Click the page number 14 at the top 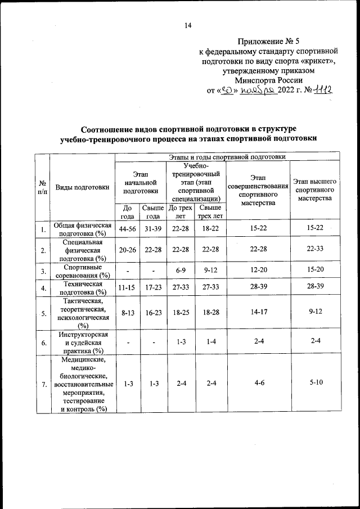(188, 25)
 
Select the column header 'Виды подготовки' (82, 188)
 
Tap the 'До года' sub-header (127, 211)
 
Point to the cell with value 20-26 (127, 250)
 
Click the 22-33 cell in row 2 (315, 250)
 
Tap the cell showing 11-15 (127, 289)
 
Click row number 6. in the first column (43, 342)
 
